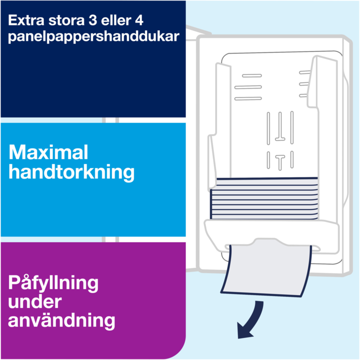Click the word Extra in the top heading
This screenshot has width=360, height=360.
25,20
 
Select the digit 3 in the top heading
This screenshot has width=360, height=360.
93,20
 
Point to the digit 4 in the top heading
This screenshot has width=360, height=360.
139,20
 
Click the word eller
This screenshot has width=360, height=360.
116,20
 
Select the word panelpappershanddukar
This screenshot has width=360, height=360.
93,37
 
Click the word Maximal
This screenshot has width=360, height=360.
48,152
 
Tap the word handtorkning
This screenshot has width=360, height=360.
71,172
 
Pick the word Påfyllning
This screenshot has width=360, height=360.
53,283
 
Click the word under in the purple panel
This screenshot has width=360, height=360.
35,301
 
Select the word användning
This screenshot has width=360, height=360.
61,321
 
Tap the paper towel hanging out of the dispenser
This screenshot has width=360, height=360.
266,271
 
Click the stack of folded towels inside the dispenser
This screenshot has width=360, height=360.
264,198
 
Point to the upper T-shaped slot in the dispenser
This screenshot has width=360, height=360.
280,126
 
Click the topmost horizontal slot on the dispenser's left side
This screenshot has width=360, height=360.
252,75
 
